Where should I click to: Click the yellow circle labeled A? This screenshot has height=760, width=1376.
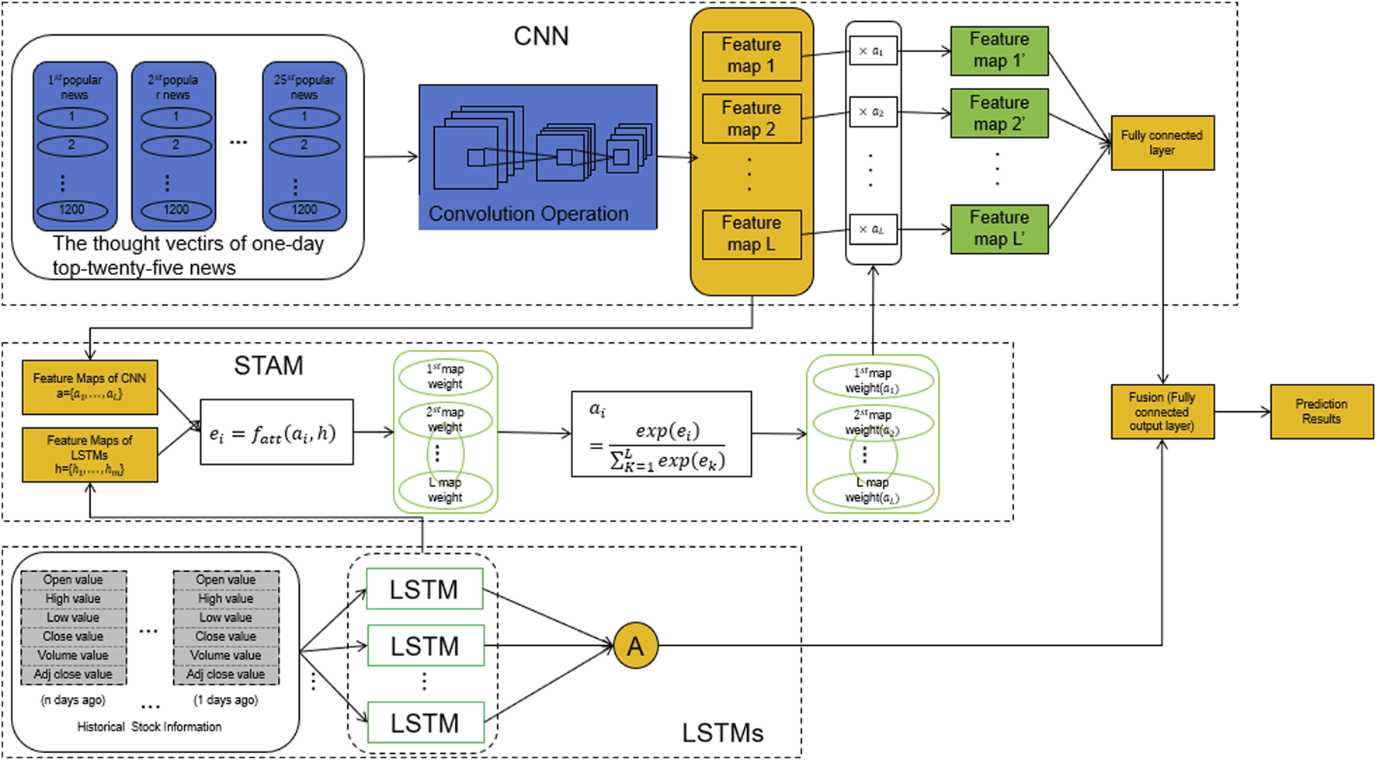click(635, 646)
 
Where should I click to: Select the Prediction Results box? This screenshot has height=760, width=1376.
click(1321, 412)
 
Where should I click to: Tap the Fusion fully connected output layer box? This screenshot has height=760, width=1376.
click(1162, 412)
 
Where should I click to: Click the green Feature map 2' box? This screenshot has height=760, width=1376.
click(999, 113)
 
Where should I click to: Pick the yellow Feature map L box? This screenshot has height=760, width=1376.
click(751, 234)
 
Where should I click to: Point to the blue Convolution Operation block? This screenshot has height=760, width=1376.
click(537, 157)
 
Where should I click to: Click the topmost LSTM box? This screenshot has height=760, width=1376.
click(424, 589)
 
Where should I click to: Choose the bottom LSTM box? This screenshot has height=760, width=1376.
click(425, 723)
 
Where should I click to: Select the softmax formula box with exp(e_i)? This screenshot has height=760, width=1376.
click(661, 434)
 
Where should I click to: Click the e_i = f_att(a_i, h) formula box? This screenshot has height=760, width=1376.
click(276, 432)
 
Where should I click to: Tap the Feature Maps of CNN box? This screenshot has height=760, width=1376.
click(89, 386)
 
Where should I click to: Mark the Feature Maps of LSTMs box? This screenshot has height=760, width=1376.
click(89, 455)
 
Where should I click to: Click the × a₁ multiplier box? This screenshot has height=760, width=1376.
click(872, 51)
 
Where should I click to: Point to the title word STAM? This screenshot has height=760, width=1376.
click(269, 366)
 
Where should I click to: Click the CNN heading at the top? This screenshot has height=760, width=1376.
click(541, 37)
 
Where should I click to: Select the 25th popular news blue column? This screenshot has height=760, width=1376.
click(304, 146)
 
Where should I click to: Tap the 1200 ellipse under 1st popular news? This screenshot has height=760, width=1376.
click(72, 210)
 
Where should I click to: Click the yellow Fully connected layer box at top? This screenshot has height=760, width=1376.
click(1162, 143)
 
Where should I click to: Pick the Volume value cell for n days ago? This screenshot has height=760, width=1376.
click(73, 655)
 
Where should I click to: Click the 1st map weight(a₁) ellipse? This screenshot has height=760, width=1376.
click(872, 381)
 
